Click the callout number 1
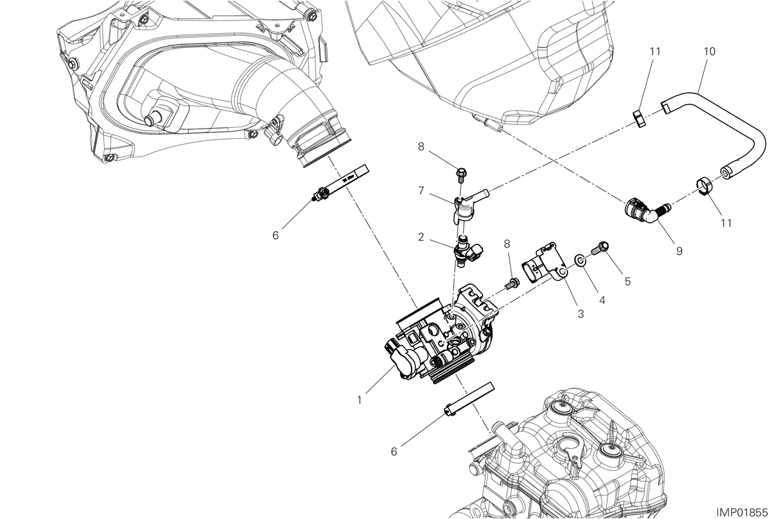(x=359, y=400)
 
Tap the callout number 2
(x=421, y=237)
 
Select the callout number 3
(x=581, y=314)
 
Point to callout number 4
(x=602, y=300)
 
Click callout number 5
(x=627, y=282)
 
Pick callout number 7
(x=421, y=191)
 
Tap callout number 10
(x=709, y=51)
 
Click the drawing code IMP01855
(x=742, y=513)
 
